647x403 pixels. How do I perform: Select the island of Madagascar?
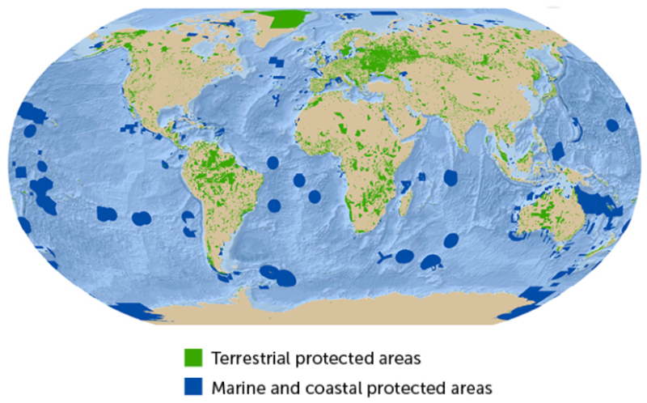click(x=408, y=195)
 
